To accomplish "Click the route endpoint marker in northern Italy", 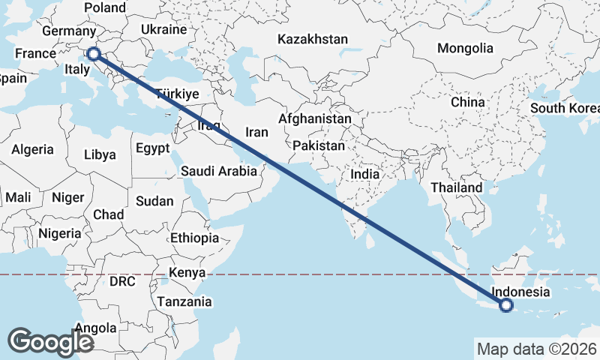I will (x=93, y=53).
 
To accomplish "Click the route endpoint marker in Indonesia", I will (x=506, y=305).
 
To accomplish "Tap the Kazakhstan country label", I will (x=312, y=39).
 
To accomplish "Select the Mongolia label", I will (x=465, y=48).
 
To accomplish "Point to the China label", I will (x=468, y=102).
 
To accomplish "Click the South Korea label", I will (x=564, y=108).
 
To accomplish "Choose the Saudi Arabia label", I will (x=219, y=171).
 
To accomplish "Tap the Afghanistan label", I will (x=314, y=119).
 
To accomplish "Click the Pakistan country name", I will (x=318, y=145).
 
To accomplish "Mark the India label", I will (x=365, y=174).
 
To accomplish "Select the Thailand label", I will (x=457, y=187).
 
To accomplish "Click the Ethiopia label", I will (x=194, y=238).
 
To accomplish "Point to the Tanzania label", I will (x=184, y=301).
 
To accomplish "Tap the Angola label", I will (x=95, y=328).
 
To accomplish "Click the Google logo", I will (x=50, y=342).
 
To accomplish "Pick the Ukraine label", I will (x=163, y=30).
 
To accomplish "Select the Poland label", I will (x=105, y=7).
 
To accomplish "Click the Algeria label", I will (x=32, y=149).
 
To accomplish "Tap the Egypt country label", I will (x=153, y=148).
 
